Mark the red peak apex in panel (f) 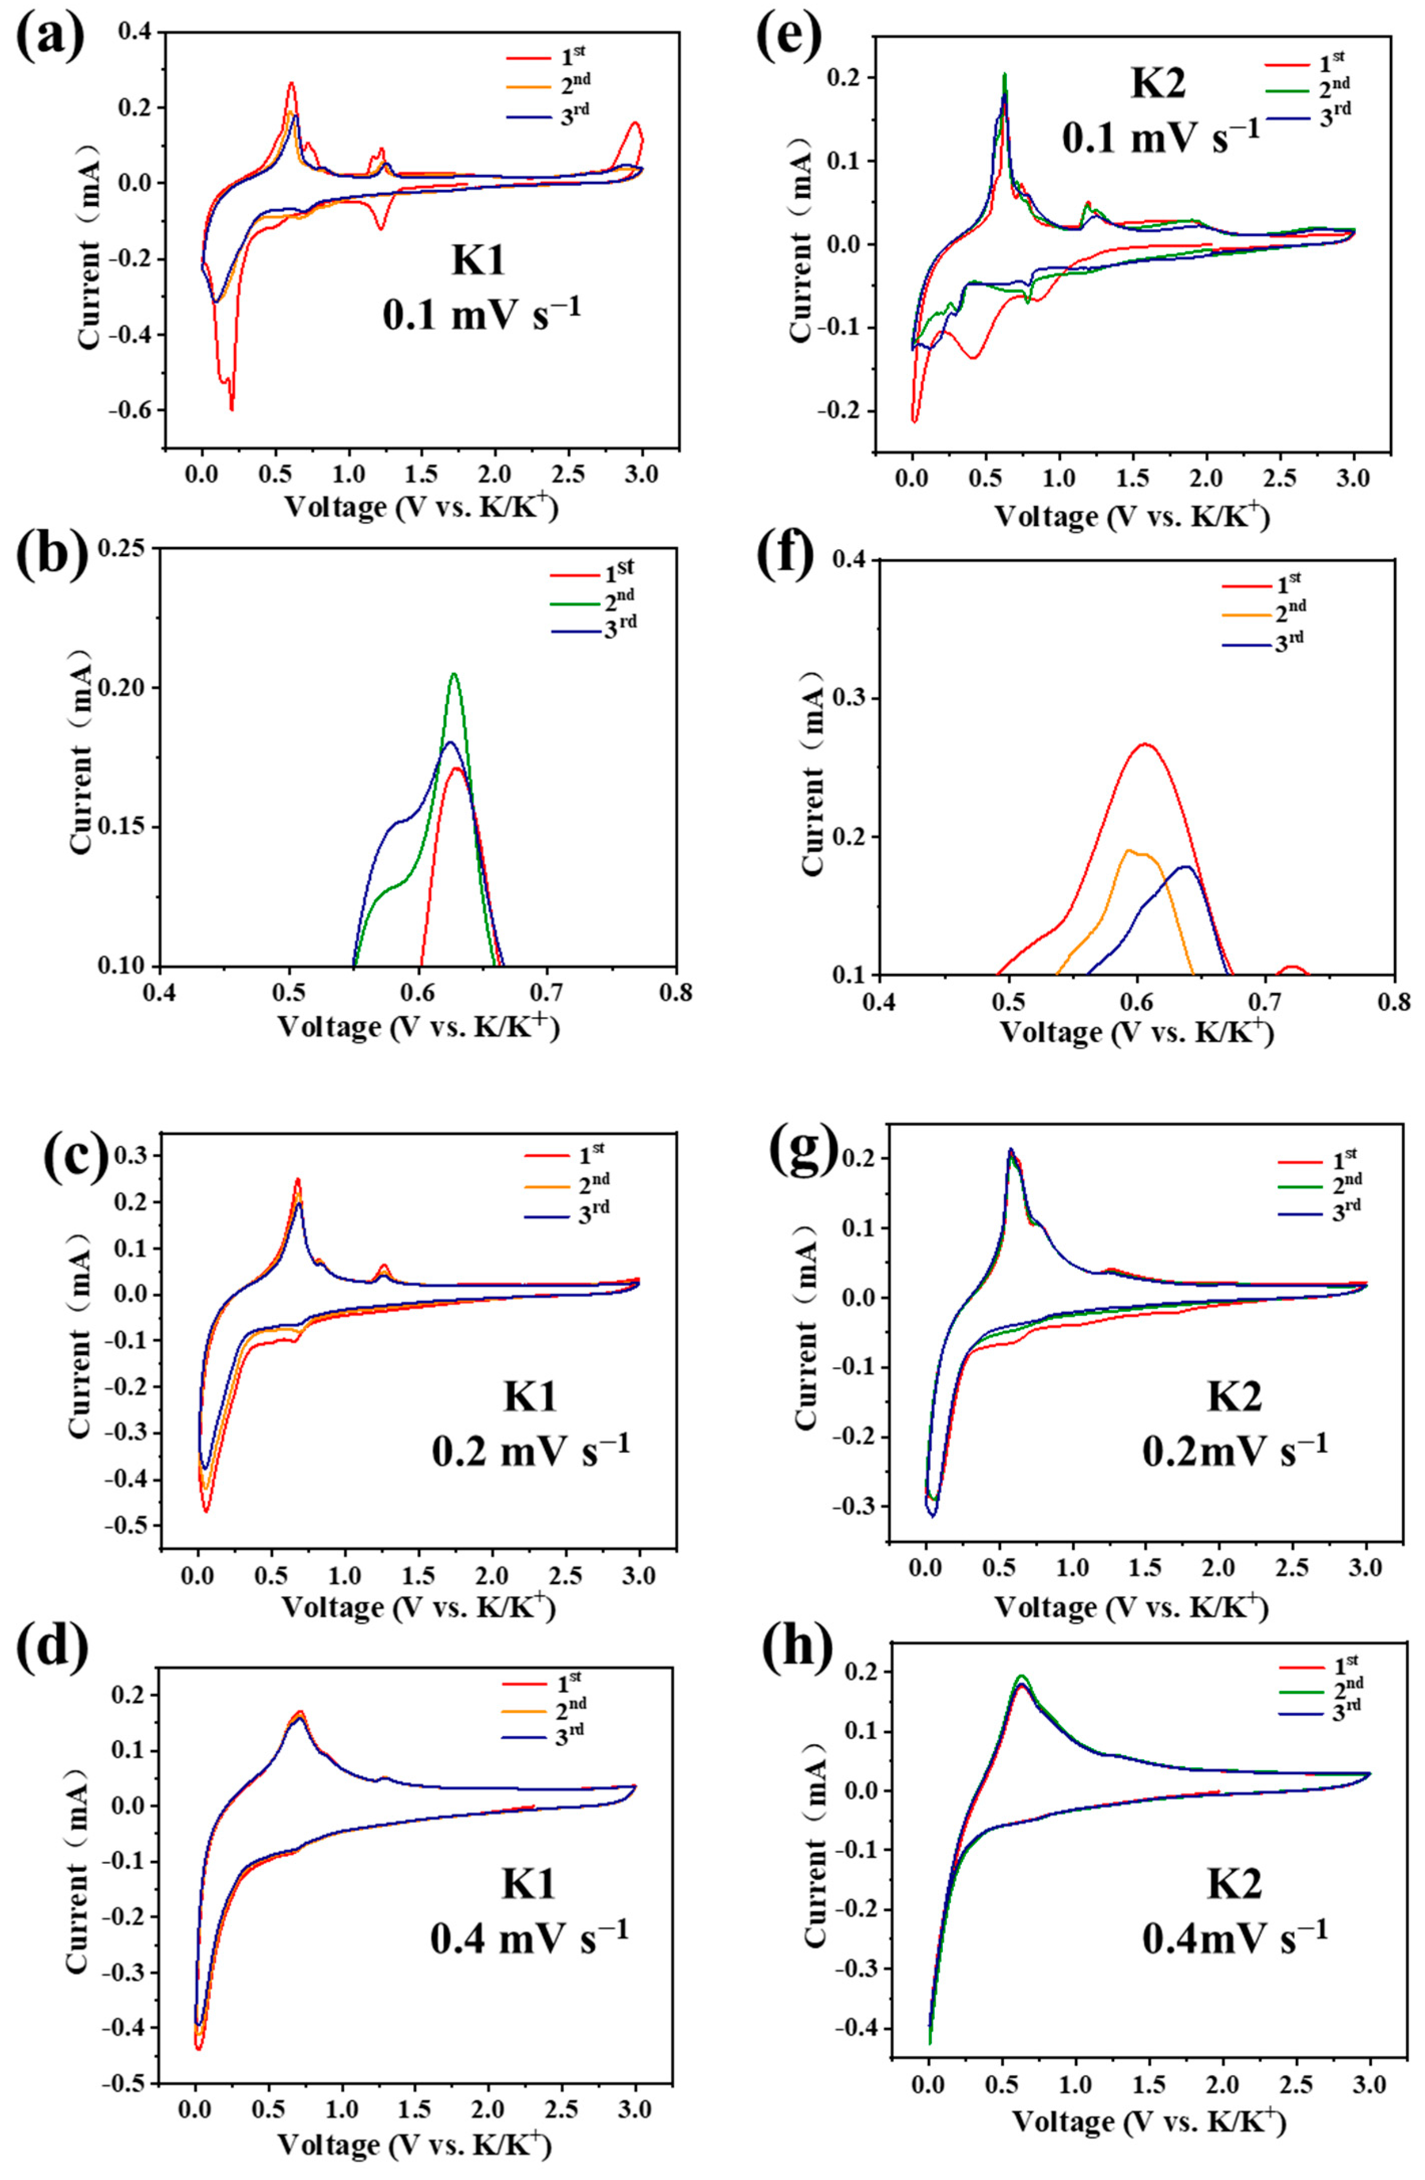click(x=1144, y=744)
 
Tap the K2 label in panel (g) click(x=1234, y=1397)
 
